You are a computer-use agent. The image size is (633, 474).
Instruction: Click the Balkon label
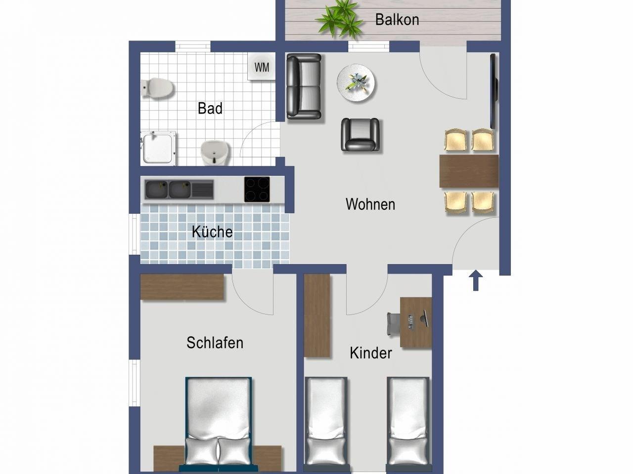tap(397, 20)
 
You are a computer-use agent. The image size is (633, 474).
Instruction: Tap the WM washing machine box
tap(261, 67)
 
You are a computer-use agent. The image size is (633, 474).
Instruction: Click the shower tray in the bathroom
tap(158, 149)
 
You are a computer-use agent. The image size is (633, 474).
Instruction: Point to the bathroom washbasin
tap(215, 153)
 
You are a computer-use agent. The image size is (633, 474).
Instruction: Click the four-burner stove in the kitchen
tap(257, 190)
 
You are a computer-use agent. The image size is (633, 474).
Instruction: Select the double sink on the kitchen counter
tap(179, 190)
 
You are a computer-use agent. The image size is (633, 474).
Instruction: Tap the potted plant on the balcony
tap(339, 19)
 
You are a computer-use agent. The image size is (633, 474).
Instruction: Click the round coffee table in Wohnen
tap(356, 82)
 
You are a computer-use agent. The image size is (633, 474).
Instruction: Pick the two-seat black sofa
tap(304, 86)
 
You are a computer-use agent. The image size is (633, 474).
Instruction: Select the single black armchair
tap(360, 134)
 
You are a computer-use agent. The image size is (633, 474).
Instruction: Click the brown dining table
tap(469, 171)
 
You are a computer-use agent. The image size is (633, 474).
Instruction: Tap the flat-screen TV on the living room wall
tap(494, 91)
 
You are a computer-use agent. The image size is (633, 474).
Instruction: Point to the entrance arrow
tap(476, 280)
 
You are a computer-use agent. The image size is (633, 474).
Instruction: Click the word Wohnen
tap(370, 204)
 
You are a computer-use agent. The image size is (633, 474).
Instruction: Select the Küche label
tap(212, 232)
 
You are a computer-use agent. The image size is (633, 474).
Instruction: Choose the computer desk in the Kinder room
tap(415, 322)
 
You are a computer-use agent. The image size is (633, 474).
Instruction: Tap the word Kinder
tap(371, 353)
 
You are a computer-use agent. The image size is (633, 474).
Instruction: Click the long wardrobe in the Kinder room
tap(317, 316)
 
